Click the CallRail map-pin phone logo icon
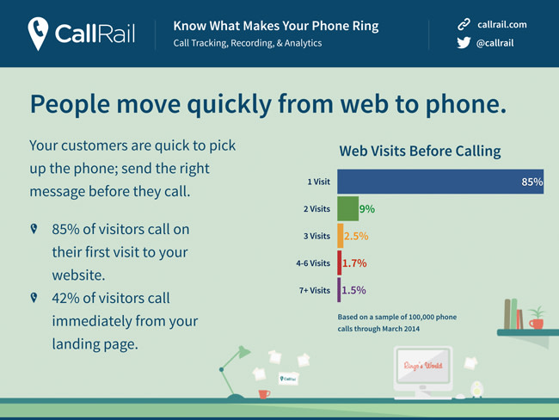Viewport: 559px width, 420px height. (x=38, y=34)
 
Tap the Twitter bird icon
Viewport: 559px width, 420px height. (x=464, y=43)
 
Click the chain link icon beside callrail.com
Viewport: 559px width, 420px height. (x=464, y=24)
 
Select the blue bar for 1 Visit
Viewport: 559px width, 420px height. (x=440, y=182)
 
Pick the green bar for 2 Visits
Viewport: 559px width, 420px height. (x=348, y=209)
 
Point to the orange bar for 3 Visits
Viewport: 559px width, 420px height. (x=341, y=236)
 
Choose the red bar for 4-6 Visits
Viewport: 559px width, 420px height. (x=340, y=263)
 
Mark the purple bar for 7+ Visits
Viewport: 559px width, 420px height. (x=339, y=290)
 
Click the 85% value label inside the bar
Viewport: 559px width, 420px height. (x=531, y=182)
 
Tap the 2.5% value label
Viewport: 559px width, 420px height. (x=356, y=236)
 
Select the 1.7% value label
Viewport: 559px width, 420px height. (x=354, y=263)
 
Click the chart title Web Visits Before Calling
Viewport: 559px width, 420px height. (x=420, y=151)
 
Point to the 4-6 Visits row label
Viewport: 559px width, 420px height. (x=313, y=263)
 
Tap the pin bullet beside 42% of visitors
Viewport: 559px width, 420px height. (x=34, y=297)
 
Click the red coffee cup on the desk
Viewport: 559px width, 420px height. (x=264, y=394)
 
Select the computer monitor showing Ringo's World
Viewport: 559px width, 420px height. (x=423, y=369)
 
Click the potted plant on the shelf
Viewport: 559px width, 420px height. (x=537, y=318)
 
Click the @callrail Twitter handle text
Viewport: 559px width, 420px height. (x=494, y=43)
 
